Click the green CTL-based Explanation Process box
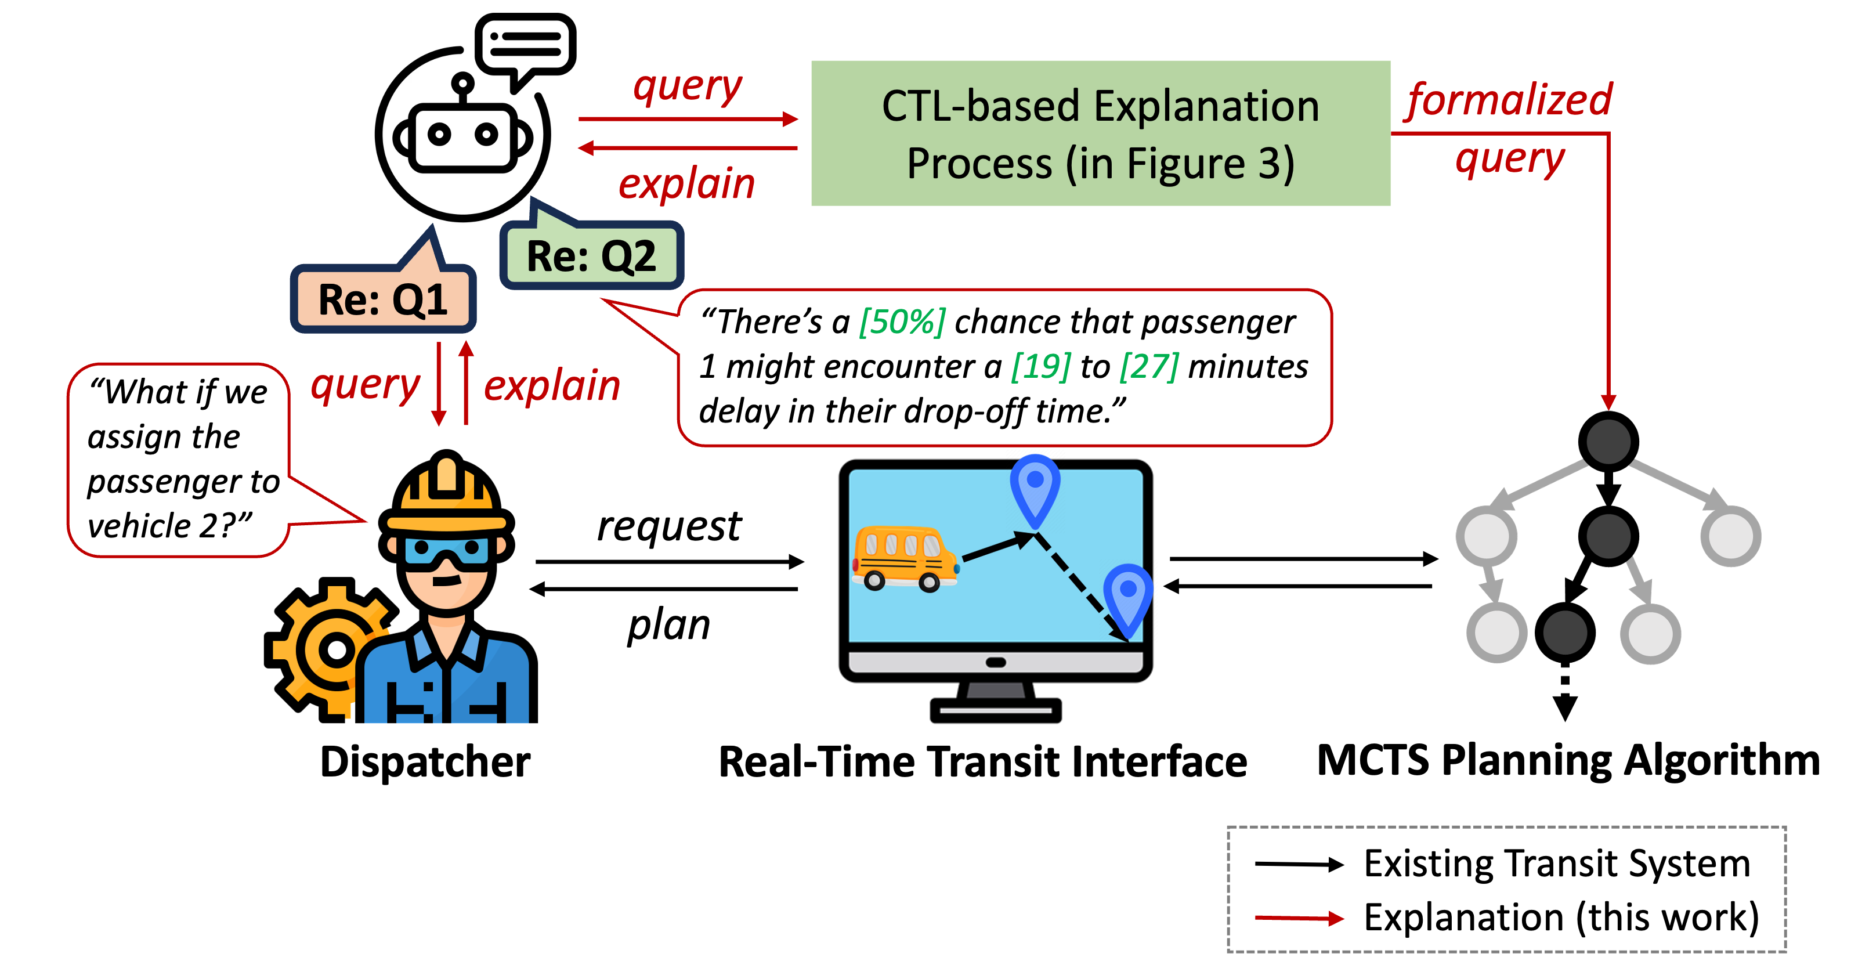coord(1100,133)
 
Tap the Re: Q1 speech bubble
coord(383,298)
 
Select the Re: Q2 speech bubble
coord(591,255)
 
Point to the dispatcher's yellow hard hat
coord(446,495)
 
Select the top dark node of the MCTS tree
coord(1608,441)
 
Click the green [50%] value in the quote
coord(902,322)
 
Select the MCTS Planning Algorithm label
coord(1568,761)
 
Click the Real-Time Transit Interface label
coord(983,762)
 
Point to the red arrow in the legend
coord(1299,918)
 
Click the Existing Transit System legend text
coord(1557,863)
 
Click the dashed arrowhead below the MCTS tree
coord(1565,708)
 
